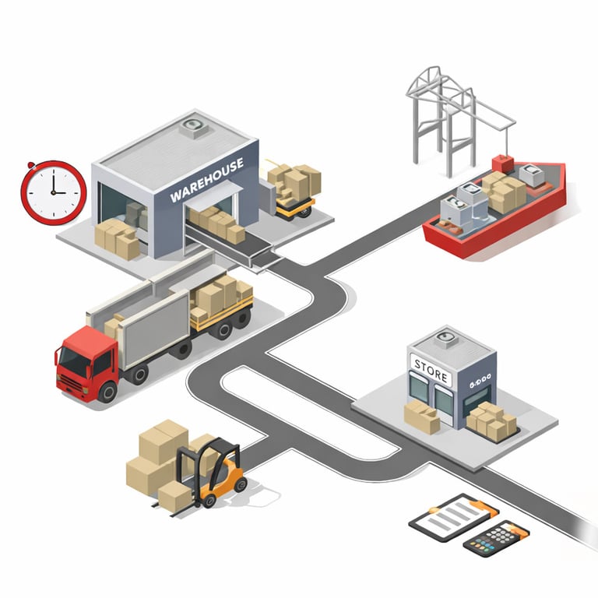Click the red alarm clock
coord(53,192)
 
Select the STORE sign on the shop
coord(431,368)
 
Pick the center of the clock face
coord(53,192)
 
